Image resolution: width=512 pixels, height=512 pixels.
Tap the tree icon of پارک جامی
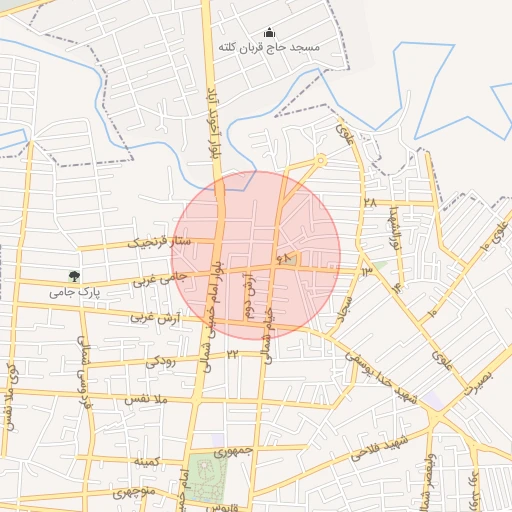click(74, 276)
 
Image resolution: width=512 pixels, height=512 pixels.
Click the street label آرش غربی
click(155, 317)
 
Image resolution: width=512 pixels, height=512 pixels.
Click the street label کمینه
click(146, 461)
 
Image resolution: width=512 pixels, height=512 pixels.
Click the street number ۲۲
click(232, 354)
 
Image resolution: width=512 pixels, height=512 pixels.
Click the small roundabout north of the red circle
click(320, 160)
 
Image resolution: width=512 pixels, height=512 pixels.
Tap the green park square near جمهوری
click(208, 473)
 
